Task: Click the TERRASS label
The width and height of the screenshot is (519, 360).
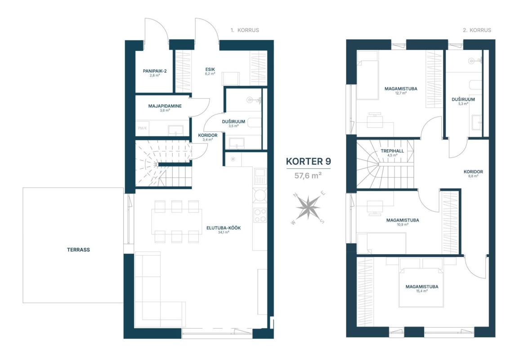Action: pos(78,250)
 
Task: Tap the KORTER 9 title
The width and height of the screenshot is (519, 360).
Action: pos(308,161)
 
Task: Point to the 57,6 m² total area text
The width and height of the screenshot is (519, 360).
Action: pos(308,175)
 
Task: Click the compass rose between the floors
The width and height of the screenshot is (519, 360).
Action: pos(308,207)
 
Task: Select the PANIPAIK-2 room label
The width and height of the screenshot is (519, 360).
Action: pos(155,71)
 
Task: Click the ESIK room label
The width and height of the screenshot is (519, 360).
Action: pos(210,70)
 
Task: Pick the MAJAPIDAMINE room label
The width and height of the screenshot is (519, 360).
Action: pos(165,106)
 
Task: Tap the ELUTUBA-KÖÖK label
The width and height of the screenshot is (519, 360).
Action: pos(224,228)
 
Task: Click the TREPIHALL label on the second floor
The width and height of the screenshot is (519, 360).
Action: pos(392,151)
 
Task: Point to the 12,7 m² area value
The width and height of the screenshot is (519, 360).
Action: pos(401,93)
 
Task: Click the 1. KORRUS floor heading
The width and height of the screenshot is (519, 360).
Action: pos(245,30)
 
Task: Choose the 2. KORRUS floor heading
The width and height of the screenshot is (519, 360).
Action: pos(477,30)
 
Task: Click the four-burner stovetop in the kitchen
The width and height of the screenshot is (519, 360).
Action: pos(260,215)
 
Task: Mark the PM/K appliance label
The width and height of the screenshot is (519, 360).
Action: pos(142,128)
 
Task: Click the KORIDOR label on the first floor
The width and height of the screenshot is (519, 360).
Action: pos(207,135)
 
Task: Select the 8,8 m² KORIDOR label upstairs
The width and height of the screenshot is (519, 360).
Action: pos(473,174)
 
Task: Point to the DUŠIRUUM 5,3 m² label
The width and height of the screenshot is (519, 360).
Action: pos(463,101)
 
